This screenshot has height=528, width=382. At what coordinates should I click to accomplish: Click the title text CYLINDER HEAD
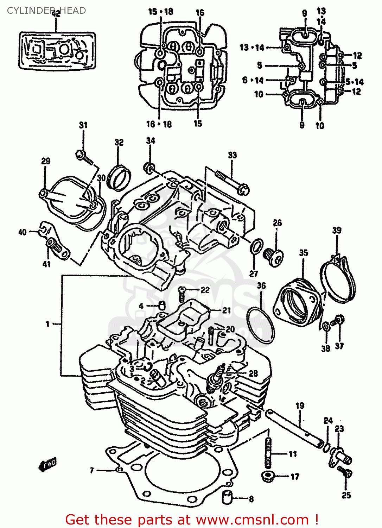pos(46,11)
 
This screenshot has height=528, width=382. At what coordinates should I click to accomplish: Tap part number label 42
pos(56,14)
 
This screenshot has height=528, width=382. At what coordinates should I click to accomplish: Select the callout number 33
pos(233,155)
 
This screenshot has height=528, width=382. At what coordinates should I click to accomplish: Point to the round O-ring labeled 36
pos(261,325)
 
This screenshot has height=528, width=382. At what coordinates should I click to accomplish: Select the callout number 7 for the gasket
pos(92,470)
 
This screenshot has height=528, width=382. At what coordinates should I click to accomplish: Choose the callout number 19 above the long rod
pos(300,406)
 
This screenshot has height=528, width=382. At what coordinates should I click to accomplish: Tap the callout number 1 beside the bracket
pos(48,324)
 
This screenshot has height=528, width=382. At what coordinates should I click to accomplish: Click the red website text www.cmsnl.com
pos(252,520)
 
